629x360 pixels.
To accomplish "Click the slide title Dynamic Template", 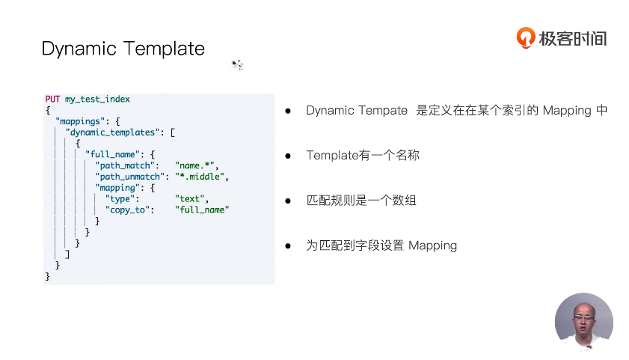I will tap(123, 49).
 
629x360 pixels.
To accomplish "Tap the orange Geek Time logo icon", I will tap(526, 37).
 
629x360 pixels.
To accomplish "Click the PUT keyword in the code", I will tap(52, 99).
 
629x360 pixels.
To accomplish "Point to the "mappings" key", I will tap(83, 120).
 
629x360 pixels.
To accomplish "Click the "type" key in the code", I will tap(122, 199).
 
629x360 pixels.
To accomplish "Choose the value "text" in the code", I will tap(191, 199).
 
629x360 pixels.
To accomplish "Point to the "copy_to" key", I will tap(129, 210).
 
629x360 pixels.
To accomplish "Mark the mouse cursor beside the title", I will tap(236, 65).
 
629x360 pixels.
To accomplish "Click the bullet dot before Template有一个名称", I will tap(287, 156).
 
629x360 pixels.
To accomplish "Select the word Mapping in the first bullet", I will tap(567, 111).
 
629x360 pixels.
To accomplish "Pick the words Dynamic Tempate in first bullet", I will tap(357, 111).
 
